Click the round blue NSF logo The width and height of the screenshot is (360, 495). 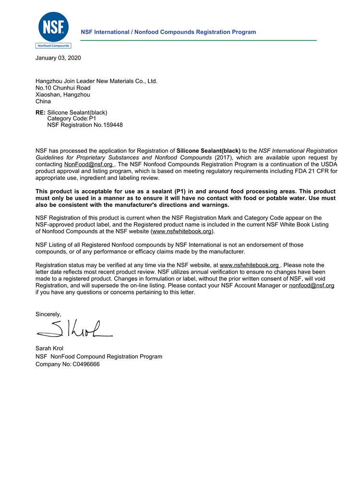tap(53, 27)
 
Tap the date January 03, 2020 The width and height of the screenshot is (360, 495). tap(58, 58)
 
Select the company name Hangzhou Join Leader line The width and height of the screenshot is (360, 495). tap(96, 81)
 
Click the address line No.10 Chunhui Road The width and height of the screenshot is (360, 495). tap(63, 88)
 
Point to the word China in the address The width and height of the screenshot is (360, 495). tap(43, 101)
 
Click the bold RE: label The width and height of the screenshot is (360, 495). tap(40, 112)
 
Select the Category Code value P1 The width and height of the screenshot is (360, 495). tap(93, 119)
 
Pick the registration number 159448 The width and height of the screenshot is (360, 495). tap(113, 125)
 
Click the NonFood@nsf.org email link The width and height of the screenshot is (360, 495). tap(88, 164)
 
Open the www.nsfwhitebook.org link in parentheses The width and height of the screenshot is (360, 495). tap(182, 231)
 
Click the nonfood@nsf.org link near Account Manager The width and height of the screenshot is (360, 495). tap(312, 285)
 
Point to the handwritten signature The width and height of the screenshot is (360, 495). tap(74, 329)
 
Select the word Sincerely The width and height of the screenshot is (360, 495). tap(48, 314)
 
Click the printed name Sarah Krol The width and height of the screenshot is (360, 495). tap(49, 348)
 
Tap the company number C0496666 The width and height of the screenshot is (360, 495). tap(86, 364)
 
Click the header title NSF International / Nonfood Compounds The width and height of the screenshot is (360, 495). tap(168, 32)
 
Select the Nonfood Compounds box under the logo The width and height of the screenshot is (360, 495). tap(53, 46)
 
